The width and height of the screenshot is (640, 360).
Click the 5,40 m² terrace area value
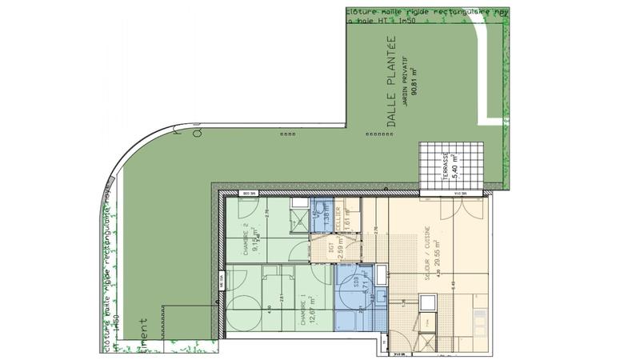[455, 166]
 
